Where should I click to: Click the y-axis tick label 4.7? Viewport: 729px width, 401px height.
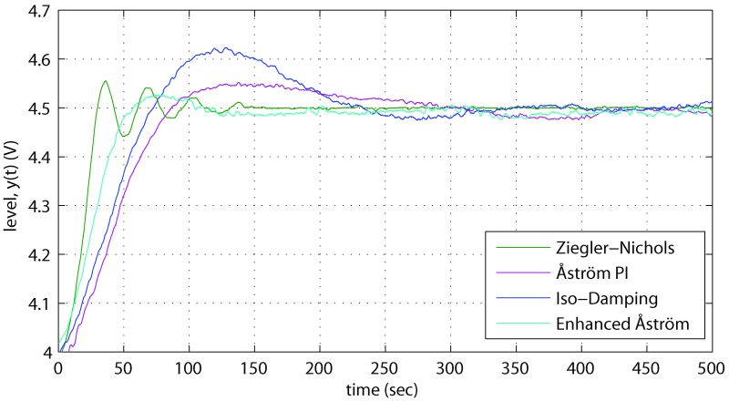pyautogui.click(x=38, y=11)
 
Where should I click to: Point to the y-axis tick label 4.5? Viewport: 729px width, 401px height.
pyautogui.click(x=38, y=108)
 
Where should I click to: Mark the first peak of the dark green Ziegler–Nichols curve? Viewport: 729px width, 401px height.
pyautogui.click(x=106, y=81)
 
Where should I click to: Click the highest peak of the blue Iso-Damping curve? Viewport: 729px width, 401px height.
pyautogui.click(x=219, y=48)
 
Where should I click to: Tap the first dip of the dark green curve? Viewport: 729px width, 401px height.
pyautogui.click(x=123, y=136)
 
